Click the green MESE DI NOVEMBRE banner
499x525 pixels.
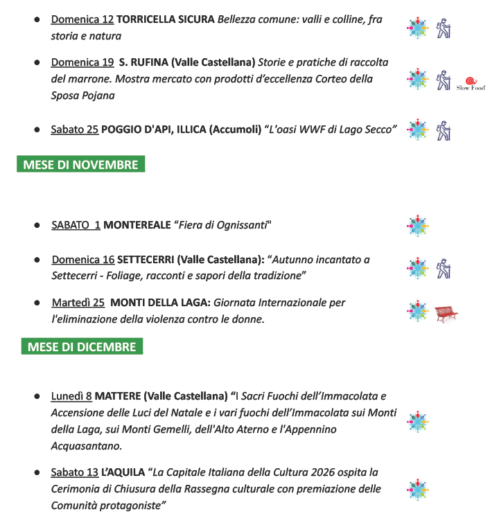pyautogui.click(x=81, y=165)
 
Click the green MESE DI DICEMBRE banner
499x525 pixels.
pyautogui.click(x=82, y=347)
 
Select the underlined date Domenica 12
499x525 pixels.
pyautogui.click(x=82, y=19)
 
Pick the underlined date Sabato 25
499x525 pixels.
pyautogui.click(x=74, y=130)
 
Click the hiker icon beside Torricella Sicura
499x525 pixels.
pyautogui.click(x=444, y=28)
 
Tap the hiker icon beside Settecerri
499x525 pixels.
pyautogui.click(x=444, y=268)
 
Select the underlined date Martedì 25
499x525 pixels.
pyautogui.click(x=78, y=303)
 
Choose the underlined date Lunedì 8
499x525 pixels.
pyautogui.click(x=71, y=396)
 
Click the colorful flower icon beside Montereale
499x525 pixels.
pyautogui.click(x=417, y=225)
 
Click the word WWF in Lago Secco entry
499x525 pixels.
pyautogui.click(x=316, y=130)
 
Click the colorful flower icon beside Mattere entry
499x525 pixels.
pyautogui.click(x=417, y=421)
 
